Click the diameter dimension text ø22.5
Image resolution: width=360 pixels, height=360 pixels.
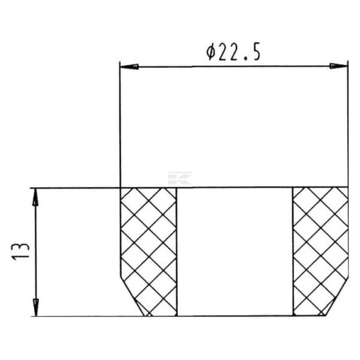coord(233,52)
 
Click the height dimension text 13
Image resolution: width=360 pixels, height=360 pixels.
coord(20,251)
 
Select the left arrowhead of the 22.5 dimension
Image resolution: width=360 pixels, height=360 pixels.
coord(129,66)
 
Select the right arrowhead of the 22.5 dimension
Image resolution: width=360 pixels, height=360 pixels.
coord(338,66)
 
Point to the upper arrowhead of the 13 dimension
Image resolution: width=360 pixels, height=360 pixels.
coord(35,198)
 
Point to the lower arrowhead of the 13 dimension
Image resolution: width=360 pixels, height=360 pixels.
coord(36,307)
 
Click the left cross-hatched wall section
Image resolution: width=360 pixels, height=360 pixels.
coord(149,252)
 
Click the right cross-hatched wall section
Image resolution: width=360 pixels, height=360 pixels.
coord(321,252)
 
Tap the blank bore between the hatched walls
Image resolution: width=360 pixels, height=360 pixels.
coord(235,252)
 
